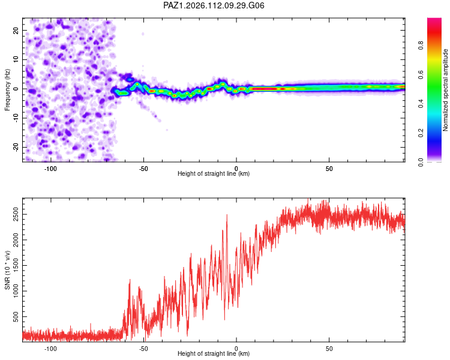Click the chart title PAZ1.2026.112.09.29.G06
point(214,5)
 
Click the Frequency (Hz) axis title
point(7,90)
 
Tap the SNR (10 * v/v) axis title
point(7,270)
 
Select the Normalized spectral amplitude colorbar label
point(445,90)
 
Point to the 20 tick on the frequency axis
point(16,30)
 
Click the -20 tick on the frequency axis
point(16,147)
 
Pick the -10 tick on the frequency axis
point(16,118)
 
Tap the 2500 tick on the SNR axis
point(16,214)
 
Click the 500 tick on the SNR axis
point(16,317)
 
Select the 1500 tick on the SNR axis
point(16,266)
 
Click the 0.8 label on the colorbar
point(421,46)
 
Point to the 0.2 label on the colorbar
point(421,133)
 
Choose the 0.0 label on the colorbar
point(421,162)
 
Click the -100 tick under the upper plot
point(50,169)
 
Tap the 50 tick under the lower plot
point(329,349)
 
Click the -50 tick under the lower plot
point(143,349)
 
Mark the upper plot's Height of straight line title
point(214,173)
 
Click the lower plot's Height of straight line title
point(214,353)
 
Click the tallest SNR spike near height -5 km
point(227,215)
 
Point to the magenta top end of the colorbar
point(434,19)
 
